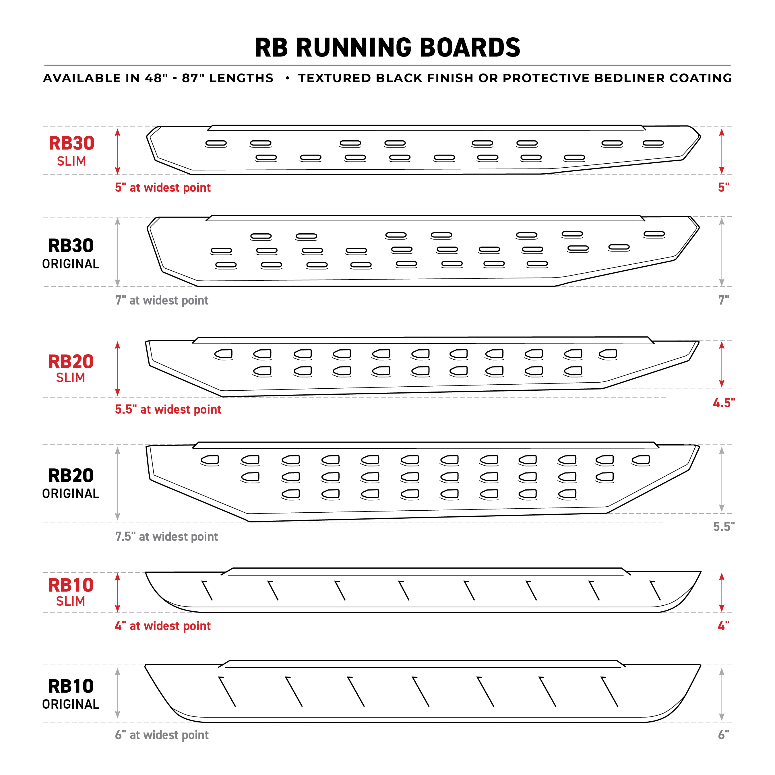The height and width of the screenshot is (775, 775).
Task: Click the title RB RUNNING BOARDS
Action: point(387,47)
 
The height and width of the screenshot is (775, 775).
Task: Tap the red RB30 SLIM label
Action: point(71,151)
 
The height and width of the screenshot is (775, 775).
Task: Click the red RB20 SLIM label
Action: point(71,368)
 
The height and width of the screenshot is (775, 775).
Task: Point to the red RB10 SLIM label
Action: point(71,592)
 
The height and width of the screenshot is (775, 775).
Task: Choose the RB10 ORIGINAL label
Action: point(71,693)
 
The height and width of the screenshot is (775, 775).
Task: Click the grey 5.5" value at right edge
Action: point(724,526)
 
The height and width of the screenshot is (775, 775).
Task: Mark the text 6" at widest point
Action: point(162,735)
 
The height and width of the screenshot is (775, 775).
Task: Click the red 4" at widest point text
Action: point(162,625)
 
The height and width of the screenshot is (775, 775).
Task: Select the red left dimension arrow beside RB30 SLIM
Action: point(117,151)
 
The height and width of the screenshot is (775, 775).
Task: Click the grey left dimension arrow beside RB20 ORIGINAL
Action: point(117,483)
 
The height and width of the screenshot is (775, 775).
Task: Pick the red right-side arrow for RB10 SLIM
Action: point(722,592)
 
